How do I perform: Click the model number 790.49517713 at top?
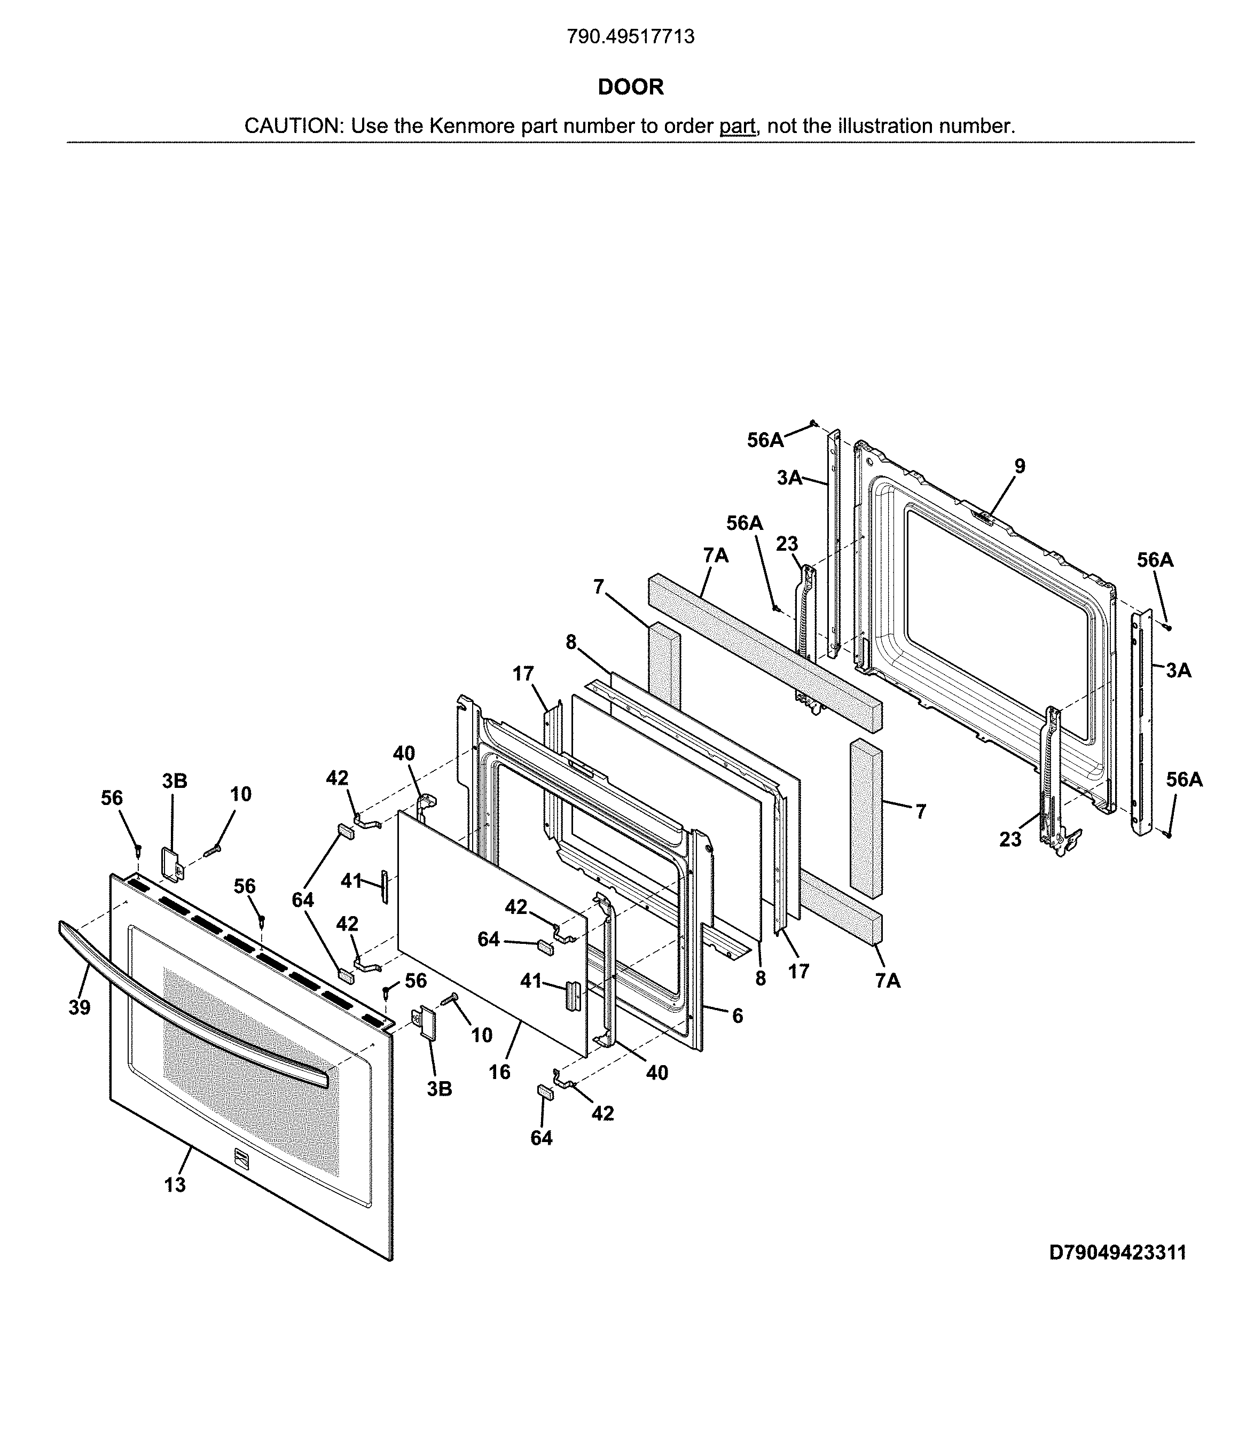click(x=630, y=36)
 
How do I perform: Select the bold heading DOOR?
click(x=630, y=87)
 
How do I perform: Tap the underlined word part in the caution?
click(x=737, y=126)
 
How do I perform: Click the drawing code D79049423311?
click(x=1117, y=1253)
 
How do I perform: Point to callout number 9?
click(x=1020, y=466)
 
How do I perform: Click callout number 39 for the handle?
click(x=79, y=1007)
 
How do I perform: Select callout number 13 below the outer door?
click(x=175, y=1185)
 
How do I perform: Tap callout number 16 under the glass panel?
click(x=500, y=1072)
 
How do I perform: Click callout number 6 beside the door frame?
click(x=737, y=1015)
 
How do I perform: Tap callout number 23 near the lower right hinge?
click(x=1010, y=839)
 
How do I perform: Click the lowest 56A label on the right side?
click(x=1185, y=780)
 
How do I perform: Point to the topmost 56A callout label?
click(x=765, y=440)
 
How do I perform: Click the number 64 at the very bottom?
click(x=541, y=1138)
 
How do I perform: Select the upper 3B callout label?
click(x=175, y=781)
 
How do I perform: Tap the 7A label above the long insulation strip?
click(x=716, y=556)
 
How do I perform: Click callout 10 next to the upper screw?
click(x=241, y=794)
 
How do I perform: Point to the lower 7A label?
click(x=888, y=980)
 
